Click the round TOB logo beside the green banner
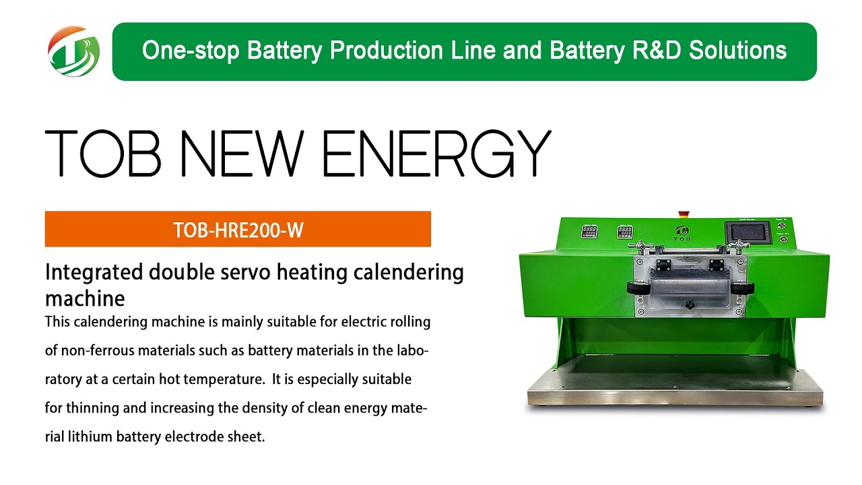coord(73,51)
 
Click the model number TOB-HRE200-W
coord(238,230)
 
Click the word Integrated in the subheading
coord(94,273)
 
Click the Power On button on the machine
coord(783,225)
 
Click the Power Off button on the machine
coord(783,239)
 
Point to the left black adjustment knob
coord(636,288)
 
